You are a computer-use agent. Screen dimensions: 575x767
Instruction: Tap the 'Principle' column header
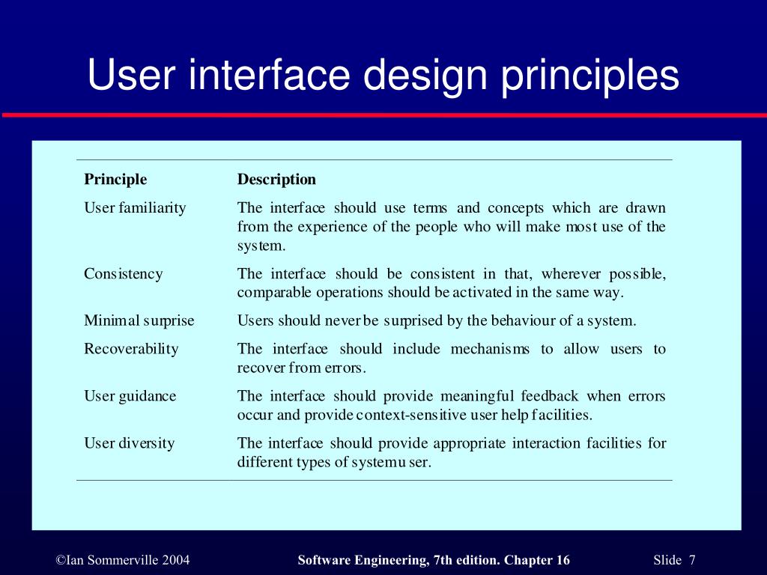point(115,180)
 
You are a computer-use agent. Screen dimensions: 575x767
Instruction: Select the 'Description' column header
point(276,180)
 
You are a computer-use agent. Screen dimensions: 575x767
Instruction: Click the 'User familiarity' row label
point(135,208)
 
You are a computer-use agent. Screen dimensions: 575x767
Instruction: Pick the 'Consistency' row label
point(123,274)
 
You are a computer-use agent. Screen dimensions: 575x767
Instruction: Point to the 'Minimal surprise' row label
point(139,321)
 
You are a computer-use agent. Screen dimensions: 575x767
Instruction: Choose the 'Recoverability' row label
point(131,349)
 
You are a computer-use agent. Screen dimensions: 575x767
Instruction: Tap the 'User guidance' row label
point(130,396)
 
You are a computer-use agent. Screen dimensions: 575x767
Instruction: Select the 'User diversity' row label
point(129,443)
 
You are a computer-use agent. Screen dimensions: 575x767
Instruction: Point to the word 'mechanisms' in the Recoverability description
point(490,349)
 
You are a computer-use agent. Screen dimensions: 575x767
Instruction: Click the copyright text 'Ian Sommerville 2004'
point(123,561)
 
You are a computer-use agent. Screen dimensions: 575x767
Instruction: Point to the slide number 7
point(693,561)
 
